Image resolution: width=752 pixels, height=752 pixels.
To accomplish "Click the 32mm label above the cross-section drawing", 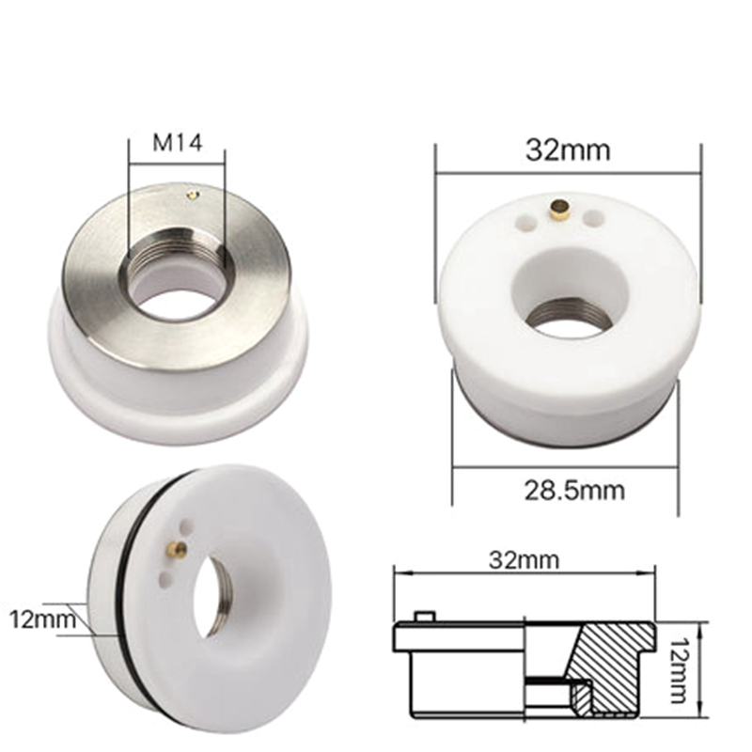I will (x=524, y=560).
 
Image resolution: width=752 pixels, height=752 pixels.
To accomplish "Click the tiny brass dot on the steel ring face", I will (x=192, y=196).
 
